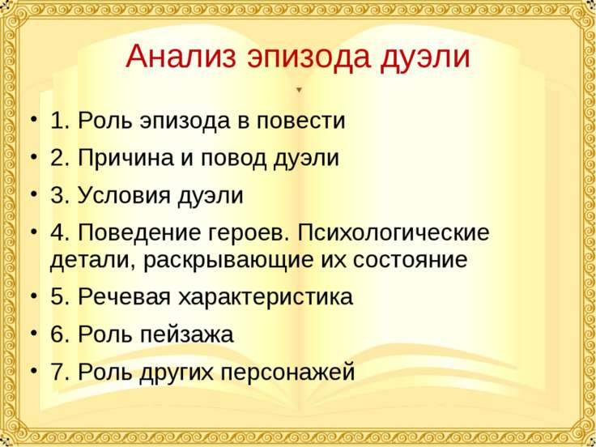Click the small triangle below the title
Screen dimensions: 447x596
click(x=299, y=89)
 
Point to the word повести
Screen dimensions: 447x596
click(x=301, y=121)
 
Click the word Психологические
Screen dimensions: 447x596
click(x=394, y=233)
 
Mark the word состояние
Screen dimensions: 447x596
click(x=401, y=261)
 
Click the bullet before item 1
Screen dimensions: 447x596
click(x=32, y=121)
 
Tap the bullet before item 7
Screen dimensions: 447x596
click(x=32, y=372)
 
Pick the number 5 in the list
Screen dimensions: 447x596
click(x=58, y=296)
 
